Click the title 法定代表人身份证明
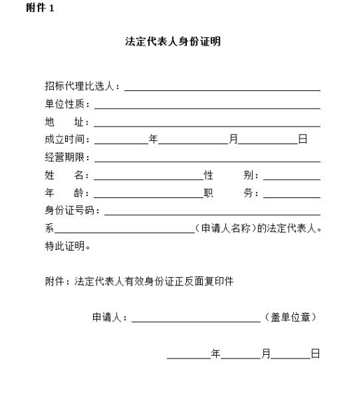point(173,42)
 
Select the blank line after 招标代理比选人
point(222,90)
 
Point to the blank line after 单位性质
point(207,108)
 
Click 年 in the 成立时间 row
point(153,139)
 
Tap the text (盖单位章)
point(292,317)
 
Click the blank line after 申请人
point(196,320)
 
